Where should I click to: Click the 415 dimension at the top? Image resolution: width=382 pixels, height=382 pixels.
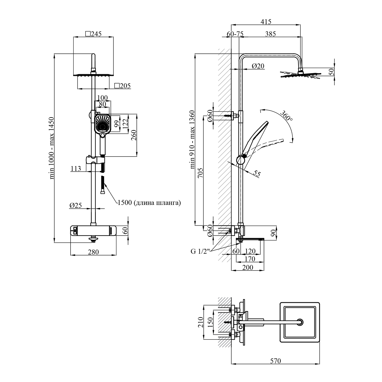(x=266, y=22)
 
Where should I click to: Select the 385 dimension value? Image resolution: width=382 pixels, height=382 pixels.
(x=270, y=34)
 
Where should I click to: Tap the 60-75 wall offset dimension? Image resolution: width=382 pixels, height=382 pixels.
(x=235, y=34)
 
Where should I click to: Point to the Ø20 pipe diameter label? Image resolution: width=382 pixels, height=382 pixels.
(x=258, y=66)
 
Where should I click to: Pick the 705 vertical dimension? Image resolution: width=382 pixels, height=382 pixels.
(x=200, y=173)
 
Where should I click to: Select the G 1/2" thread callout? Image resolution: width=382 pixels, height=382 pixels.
(x=200, y=251)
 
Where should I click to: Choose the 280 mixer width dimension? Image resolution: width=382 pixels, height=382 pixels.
(x=93, y=252)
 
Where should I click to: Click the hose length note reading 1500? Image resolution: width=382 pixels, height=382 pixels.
(x=149, y=203)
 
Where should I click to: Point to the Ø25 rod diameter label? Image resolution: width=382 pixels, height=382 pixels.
(x=75, y=205)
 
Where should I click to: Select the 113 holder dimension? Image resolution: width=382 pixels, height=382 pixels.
(x=76, y=168)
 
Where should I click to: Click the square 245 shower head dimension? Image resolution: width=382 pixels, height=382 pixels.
(x=93, y=34)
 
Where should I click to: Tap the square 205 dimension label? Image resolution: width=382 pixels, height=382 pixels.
(x=122, y=86)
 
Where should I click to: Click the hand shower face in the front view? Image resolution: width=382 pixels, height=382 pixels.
(x=103, y=124)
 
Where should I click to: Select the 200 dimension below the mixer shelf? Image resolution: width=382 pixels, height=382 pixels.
(x=248, y=267)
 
